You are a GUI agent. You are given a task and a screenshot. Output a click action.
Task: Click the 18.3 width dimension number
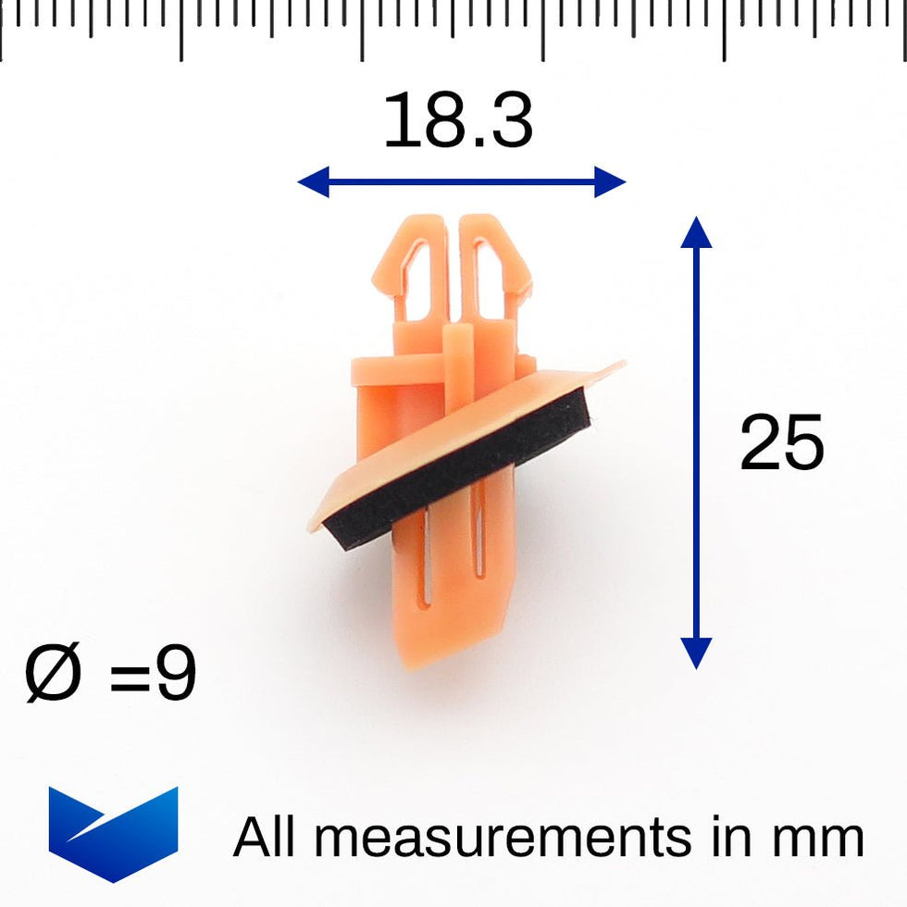pyautogui.click(x=457, y=120)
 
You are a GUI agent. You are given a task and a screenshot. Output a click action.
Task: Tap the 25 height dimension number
pyautogui.click(x=781, y=442)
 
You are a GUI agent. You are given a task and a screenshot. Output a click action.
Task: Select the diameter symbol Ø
pyautogui.click(x=53, y=674)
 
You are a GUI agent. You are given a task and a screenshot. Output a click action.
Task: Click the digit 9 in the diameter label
pyautogui.click(x=177, y=674)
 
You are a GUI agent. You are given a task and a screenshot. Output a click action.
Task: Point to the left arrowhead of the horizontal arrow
pyautogui.click(x=313, y=181)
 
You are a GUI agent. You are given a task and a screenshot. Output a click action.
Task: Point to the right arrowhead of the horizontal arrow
pyautogui.click(x=610, y=181)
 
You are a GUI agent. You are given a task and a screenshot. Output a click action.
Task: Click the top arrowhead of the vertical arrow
pyautogui.click(x=696, y=232)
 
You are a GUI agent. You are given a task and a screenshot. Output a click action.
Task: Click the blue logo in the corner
pyautogui.click(x=113, y=834)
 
